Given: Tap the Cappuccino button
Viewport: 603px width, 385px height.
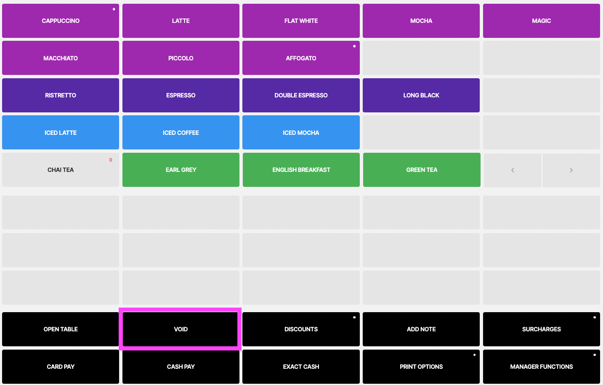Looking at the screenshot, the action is point(60,21).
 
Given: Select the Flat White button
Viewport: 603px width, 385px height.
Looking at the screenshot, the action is point(301,21).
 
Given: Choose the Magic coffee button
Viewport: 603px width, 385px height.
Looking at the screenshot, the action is point(541,21).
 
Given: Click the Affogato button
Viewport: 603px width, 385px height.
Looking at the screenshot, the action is point(301,58).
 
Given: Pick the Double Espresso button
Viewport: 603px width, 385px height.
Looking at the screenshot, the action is point(301,95).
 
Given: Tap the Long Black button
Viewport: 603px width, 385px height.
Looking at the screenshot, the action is point(421,95).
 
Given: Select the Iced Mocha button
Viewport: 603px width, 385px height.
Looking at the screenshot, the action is point(301,132).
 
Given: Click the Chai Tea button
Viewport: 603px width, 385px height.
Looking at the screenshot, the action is point(60,170).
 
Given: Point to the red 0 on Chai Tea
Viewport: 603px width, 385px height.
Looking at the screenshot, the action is point(111,160).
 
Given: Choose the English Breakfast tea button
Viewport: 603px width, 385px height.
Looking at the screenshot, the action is point(301,170).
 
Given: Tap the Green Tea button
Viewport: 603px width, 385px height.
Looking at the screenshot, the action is point(422,170).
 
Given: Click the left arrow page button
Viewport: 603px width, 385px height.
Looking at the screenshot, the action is point(513,170).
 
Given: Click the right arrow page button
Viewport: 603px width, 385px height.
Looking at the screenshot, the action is point(571,170).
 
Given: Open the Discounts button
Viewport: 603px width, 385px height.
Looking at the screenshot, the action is point(301,329).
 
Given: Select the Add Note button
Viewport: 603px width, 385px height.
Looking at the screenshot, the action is point(421,329).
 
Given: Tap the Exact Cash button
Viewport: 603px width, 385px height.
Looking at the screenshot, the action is point(301,366).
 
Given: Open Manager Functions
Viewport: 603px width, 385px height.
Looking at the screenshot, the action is point(541,366).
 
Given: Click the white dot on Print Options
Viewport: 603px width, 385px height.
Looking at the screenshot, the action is point(474,355).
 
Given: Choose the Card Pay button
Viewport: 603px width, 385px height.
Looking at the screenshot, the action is point(60,366).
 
